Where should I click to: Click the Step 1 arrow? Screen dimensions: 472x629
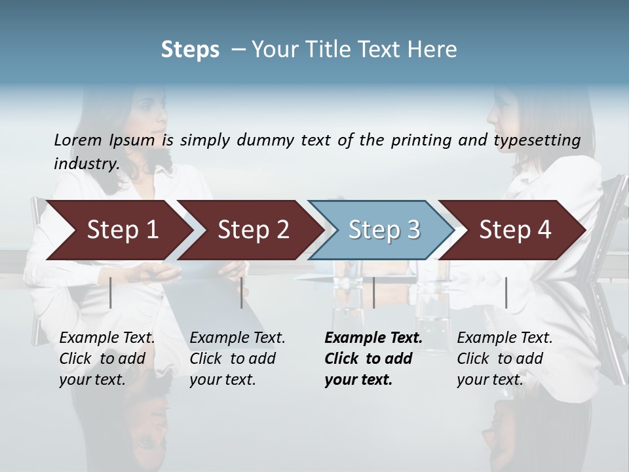[122, 230]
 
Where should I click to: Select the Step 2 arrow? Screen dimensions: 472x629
[253, 230]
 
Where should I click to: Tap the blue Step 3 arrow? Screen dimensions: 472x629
[384, 230]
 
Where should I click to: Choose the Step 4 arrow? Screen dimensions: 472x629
[515, 230]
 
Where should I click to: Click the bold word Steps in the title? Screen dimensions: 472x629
[190, 50]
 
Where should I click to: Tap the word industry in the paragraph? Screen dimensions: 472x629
[86, 163]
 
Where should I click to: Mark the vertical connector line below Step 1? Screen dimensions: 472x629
[111, 292]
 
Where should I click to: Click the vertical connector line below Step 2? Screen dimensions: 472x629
[242, 292]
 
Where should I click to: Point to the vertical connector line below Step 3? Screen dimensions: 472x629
[373, 292]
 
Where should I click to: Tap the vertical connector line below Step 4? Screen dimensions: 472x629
[506, 292]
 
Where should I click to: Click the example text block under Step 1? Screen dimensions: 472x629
[107, 359]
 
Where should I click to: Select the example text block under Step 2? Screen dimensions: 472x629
[237, 359]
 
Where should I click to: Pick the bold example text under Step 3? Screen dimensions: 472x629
[373, 359]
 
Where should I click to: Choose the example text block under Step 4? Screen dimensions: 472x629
[505, 359]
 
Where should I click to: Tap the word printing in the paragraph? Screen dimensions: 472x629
[421, 140]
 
